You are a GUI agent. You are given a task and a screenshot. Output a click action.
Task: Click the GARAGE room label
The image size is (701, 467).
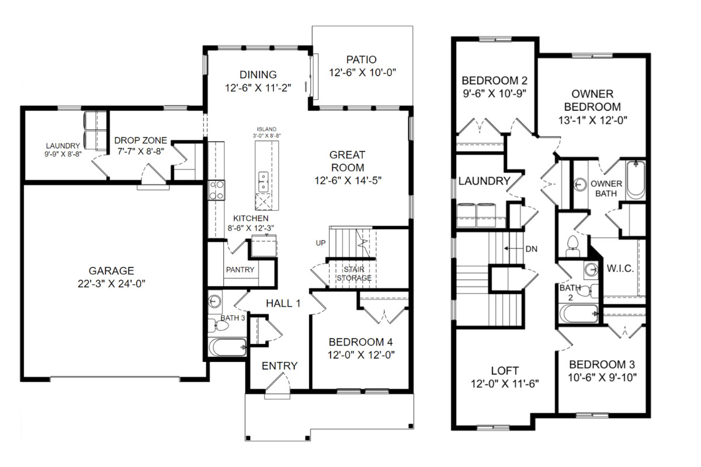112,270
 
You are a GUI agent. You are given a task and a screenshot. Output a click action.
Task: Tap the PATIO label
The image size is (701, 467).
362,60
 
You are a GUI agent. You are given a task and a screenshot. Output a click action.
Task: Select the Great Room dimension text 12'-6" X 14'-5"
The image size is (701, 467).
348,180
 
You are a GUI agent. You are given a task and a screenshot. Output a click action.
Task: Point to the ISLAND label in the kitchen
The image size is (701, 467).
266,129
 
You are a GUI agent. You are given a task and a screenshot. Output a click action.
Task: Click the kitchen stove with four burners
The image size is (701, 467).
217,190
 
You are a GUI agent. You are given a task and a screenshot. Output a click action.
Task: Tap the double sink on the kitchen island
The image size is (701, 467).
263,182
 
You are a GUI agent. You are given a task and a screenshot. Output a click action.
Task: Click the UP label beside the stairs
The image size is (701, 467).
321,243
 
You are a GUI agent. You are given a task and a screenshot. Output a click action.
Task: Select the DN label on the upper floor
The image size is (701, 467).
532,249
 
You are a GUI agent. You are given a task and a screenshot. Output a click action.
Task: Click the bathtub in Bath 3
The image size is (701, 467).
227,347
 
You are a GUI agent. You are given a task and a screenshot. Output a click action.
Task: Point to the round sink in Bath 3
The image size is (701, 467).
214,302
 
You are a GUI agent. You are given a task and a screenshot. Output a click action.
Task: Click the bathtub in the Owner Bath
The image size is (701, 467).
636,180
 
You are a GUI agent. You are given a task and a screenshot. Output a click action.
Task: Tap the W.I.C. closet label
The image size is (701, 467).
620,269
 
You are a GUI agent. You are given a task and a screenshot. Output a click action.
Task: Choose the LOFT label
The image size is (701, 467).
505,371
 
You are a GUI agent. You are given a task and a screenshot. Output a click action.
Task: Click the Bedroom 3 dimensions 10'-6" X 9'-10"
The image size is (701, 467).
602,378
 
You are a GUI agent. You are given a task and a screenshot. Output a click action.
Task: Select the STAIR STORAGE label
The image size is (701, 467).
354,274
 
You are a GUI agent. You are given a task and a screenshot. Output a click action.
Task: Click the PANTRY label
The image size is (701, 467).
240,270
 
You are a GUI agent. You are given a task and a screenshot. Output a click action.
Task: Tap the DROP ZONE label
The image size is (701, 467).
141,141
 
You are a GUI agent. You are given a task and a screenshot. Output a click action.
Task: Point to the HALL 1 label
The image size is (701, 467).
283,303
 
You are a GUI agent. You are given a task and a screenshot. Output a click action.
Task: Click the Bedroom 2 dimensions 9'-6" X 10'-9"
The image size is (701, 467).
494,93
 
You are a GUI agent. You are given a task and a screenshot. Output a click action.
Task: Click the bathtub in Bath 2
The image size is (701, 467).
579,313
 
